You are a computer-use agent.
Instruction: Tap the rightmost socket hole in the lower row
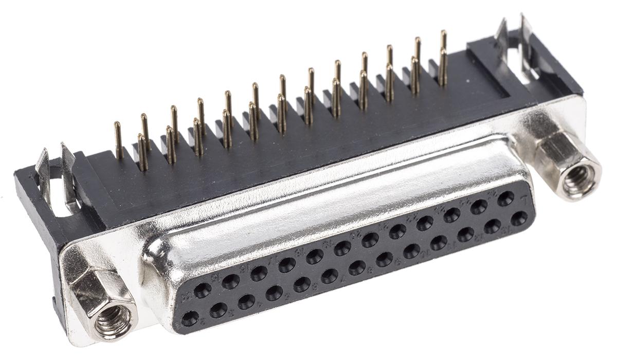pyautogui.click(x=519, y=218)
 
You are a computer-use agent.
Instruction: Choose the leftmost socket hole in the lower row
pyautogui.click(x=190, y=319)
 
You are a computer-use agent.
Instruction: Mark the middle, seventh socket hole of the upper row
pyautogui.click(x=370, y=240)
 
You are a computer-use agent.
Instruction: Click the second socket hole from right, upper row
pyautogui.click(x=479, y=207)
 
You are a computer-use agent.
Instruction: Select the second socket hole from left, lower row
pyautogui.click(x=218, y=310)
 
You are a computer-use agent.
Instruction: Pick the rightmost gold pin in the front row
pyautogui.click(x=442, y=67)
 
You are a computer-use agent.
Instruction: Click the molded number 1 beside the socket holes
pyautogui.click(x=523, y=201)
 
